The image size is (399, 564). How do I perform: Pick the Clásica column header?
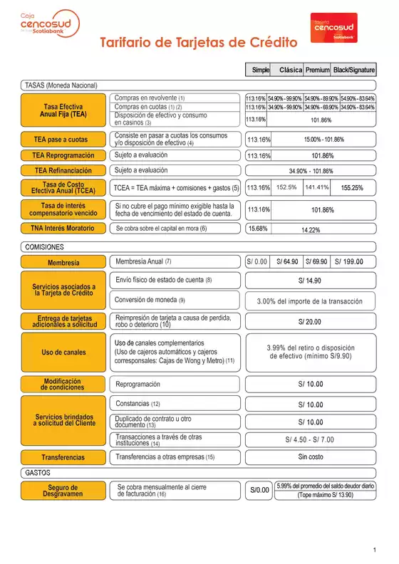(x=291, y=70)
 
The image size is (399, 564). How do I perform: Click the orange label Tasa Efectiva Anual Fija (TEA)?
(x=63, y=110)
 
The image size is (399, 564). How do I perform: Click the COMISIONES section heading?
(x=44, y=246)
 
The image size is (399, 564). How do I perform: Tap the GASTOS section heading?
(x=38, y=472)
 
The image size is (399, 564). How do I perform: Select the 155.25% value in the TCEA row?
(x=352, y=188)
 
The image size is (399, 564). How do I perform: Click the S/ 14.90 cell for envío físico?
(x=310, y=281)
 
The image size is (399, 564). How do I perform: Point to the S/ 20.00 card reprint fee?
(x=310, y=322)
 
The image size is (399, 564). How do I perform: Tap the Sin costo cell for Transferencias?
(x=310, y=457)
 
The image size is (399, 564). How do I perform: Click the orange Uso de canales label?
(x=63, y=352)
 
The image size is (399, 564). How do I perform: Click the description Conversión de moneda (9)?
(x=150, y=300)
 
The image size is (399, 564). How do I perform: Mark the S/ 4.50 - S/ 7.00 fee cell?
(x=310, y=439)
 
